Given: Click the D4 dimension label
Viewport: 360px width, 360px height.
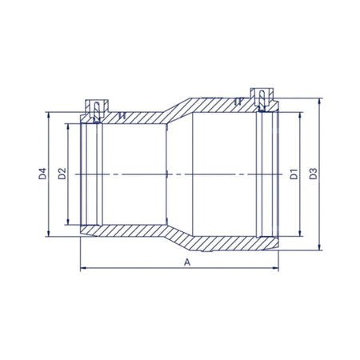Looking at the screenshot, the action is point(42,174).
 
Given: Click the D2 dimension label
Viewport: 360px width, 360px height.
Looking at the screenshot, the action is point(62,174).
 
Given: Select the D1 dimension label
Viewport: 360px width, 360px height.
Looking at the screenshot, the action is point(294,174).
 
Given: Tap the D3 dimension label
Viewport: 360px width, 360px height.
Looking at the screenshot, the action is point(314,174).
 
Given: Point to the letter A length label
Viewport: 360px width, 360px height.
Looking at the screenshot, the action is point(187,262).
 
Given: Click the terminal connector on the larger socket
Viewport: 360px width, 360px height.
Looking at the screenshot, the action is point(262,100).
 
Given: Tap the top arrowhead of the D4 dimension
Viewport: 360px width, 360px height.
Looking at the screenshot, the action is point(48,114).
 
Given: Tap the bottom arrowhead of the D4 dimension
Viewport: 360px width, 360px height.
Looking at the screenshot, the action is point(48,234).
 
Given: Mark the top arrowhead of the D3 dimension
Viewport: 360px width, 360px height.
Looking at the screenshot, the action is point(319,101).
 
